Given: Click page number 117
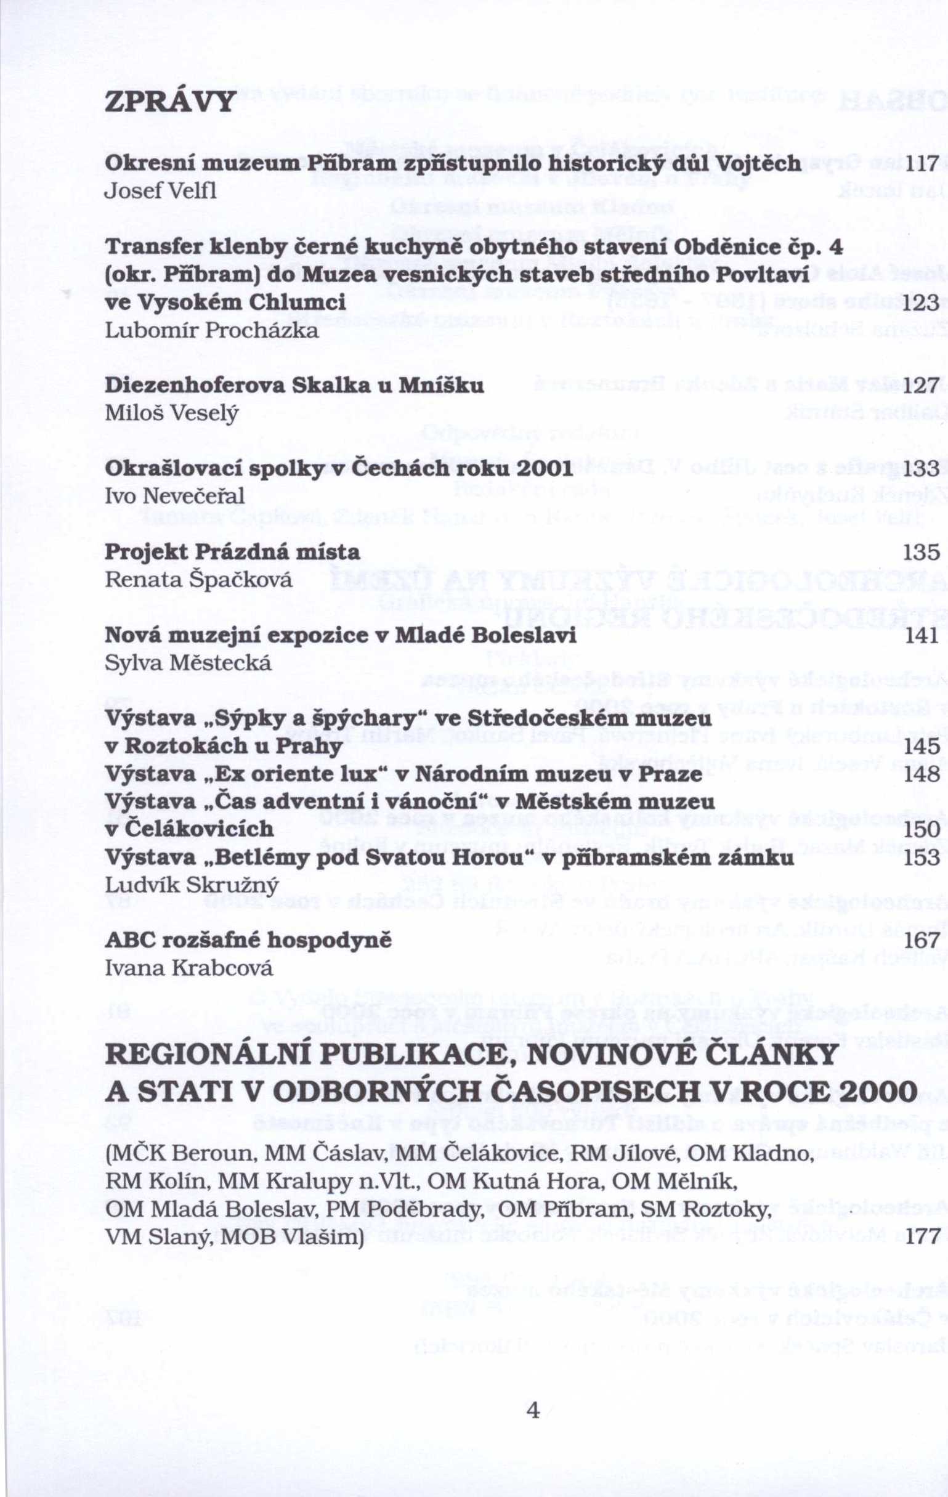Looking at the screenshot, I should tap(922, 163).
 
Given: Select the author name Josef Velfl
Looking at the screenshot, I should tap(160, 191).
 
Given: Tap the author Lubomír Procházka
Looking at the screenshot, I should tap(212, 330).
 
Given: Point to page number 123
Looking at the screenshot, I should tap(922, 302).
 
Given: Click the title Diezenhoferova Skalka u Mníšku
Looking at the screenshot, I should tap(294, 386).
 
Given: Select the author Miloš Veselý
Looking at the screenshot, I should tap(172, 413).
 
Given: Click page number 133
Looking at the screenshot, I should tap(922, 470).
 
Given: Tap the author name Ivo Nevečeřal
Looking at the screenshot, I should tap(176, 496).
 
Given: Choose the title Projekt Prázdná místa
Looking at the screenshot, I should tap(232, 552).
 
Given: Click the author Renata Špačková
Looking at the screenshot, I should tap(199, 580).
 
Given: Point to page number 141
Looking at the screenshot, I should tap(922, 636).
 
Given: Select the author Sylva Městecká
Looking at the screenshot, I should tap(189, 663).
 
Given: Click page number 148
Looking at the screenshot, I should tap(922, 774).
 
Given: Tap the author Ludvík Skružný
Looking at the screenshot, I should tap(192, 885).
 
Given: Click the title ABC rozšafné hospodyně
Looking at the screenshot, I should tap(249, 941).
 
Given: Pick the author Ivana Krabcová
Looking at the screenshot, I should tap(190, 968).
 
